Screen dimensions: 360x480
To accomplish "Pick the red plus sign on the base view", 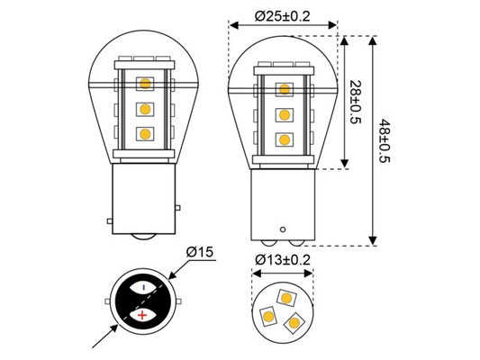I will pos(143,316).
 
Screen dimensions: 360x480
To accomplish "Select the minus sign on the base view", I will pos(143,286).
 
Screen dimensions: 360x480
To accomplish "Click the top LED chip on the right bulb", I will pos(284,91).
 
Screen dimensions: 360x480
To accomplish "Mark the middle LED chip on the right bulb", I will pos(284,115).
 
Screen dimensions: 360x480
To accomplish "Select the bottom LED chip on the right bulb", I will pos(284,139).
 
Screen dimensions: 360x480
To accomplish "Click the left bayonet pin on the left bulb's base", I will pos(109,219).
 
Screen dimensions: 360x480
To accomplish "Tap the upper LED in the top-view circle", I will pos(286,297).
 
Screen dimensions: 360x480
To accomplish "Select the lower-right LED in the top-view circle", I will pos(294,322).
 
